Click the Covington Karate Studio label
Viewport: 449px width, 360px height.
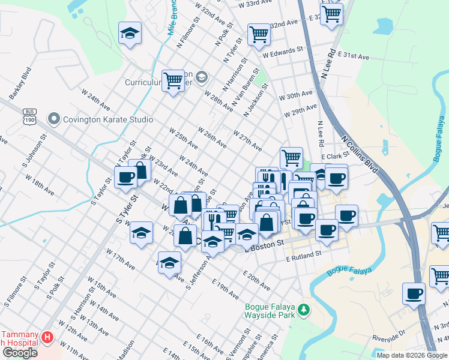click(x=109, y=119)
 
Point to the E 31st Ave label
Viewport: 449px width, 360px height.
click(x=354, y=55)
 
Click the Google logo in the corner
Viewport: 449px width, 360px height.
click(x=20, y=352)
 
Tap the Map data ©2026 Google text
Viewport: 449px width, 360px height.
click(x=411, y=355)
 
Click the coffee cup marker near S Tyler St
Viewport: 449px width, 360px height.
click(x=125, y=177)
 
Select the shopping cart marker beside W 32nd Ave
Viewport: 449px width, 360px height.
click(x=259, y=34)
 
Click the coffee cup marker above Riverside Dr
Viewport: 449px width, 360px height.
click(x=414, y=294)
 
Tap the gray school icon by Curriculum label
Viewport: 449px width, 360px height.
click(x=201, y=76)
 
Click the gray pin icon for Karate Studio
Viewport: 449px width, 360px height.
click(x=55, y=119)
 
